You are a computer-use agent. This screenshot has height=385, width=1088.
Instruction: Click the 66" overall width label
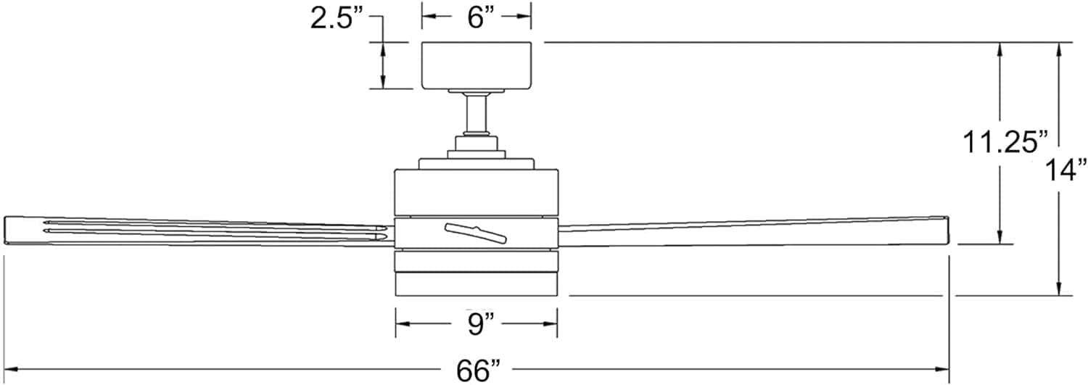[x=477, y=371]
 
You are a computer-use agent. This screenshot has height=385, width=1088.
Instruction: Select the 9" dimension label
[x=480, y=324]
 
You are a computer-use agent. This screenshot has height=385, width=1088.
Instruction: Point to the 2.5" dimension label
[x=337, y=19]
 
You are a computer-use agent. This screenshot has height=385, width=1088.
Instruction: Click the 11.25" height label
[x=1004, y=143]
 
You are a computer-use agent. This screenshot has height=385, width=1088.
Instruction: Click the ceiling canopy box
[x=476, y=65]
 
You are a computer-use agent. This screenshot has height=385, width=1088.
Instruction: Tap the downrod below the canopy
[x=476, y=112]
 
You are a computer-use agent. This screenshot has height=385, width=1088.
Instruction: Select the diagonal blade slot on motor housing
[x=476, y=233]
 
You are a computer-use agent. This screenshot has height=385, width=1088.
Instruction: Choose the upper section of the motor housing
[x=476, y=193]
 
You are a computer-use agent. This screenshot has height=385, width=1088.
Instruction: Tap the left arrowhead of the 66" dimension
[x=11, y=370]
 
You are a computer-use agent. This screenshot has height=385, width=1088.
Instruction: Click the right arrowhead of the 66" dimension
[x=942, y=370]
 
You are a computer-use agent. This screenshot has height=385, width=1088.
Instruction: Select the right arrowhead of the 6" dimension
[x=524, y=16]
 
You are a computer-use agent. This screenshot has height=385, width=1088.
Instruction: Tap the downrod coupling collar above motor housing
[x=476, y=144]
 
